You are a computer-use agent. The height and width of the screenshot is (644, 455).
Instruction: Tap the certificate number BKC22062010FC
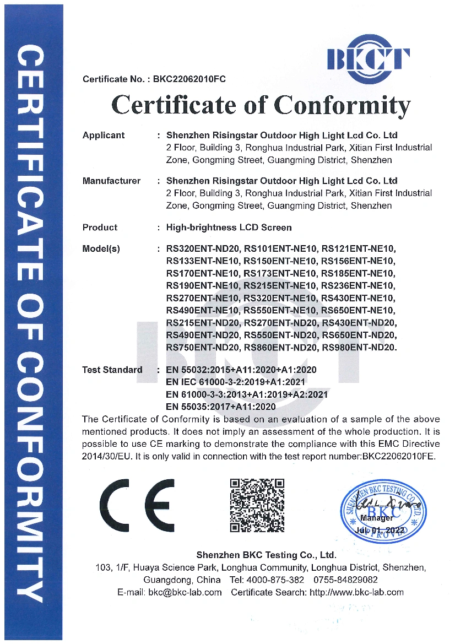[x=189, y=79]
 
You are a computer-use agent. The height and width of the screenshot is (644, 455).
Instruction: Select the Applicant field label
[x=104, y=135]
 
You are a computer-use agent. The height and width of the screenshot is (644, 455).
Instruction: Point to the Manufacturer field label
[x=111, y=181]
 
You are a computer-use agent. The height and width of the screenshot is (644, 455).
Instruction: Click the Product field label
[x=100, y=227]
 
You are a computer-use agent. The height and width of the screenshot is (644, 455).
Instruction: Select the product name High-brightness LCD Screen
[x=229, y=227]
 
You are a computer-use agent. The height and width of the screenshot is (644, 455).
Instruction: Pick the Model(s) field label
[x=101, y=248]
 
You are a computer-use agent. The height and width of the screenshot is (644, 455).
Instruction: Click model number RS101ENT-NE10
[x=280, y=248]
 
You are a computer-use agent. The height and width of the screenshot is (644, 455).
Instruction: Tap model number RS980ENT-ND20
[x=359, y=348]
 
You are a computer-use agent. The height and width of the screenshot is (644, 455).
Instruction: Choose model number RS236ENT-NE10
[x=358, y=285]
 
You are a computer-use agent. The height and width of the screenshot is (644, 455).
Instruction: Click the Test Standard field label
[x=112, y=370]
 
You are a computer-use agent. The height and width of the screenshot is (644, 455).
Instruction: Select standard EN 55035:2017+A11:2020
[x=220, y=407]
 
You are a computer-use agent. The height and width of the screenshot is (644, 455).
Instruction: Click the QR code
[x=257, y=505]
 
